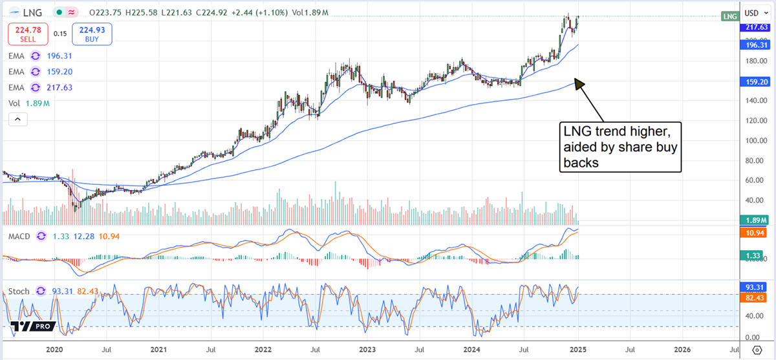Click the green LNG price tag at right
pos(730,16)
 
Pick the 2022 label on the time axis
pos(263,349)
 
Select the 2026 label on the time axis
pos(682,349)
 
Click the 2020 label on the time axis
pos(54,349)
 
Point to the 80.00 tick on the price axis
pos(751,160)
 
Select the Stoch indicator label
pos(18,291)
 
